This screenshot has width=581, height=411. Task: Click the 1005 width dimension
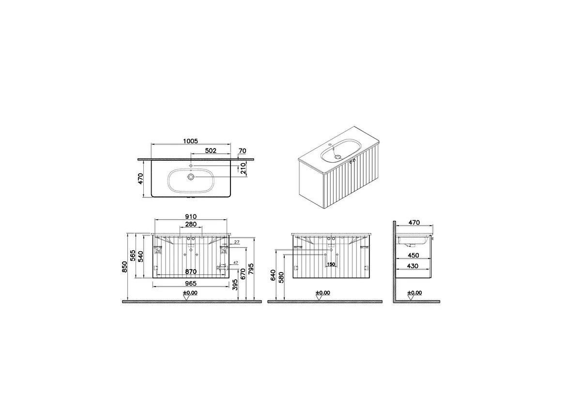click(x=191, y=141)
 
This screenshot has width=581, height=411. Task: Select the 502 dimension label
click(x=211, y=151)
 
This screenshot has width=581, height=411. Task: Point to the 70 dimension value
click(x=242, y=151)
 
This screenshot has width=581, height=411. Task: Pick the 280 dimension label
click(x=191, y=225)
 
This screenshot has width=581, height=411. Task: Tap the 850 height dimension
click(x=124, y=266)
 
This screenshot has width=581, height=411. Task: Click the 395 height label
click(x=235, y=284)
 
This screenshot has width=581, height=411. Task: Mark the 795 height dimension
click(x=251, y=269)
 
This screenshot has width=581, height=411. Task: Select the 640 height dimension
click(x=274, y=275)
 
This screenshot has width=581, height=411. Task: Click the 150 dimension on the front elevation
click(x=331, y=264)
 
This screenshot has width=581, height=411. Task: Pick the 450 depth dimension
click(x=413, y=255)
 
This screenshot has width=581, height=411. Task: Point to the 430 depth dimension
click(x=413, y=266)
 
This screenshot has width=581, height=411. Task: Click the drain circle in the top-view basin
click(x=191, y=177)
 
